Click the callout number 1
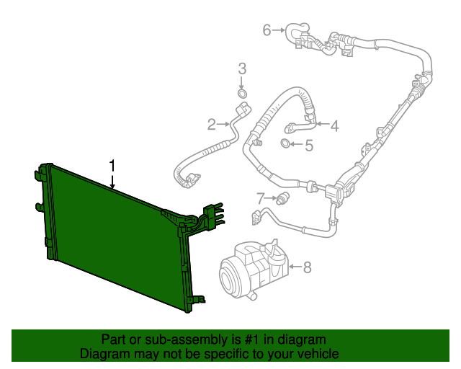point(112,166)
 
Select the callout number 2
point(211,125)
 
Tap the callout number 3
point(242,69)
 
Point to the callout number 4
point(334,126)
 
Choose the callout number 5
point(308,146)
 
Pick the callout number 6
point(267,30)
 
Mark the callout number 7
point(261,197)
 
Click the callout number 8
point(307,268)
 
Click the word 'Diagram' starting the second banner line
point(103,354)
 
